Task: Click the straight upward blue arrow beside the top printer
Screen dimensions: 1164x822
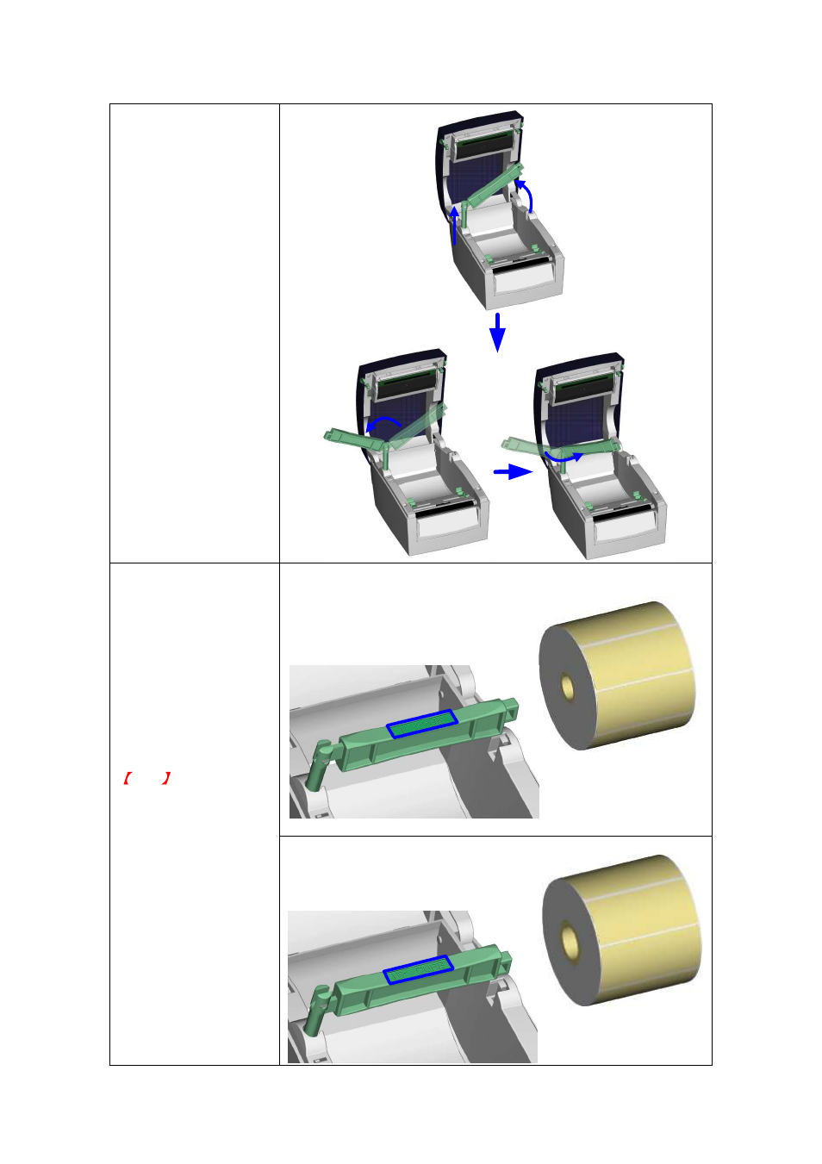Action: pos(455,227)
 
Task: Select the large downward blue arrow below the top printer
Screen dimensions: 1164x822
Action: pos(497,332)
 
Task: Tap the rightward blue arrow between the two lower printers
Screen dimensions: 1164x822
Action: pos(514,471)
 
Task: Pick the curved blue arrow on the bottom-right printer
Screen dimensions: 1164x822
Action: pos(562,459)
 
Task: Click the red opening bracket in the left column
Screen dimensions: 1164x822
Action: pos(127,779)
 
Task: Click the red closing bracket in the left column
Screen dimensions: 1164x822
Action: pos(166,779)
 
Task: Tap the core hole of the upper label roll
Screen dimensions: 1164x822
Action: pos(567,688)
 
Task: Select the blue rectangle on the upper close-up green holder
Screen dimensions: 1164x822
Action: pos(421,725)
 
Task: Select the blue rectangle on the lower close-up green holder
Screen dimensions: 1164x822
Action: pos(418,969)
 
